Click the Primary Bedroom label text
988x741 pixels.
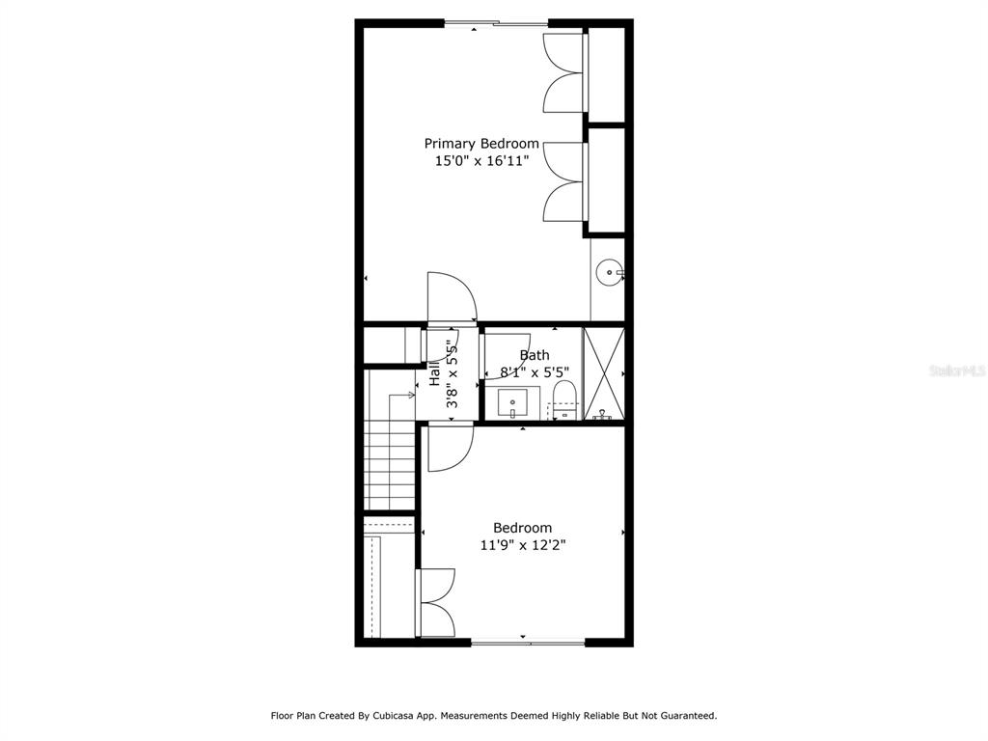(x=481, y=144)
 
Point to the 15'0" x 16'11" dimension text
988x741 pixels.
(x=481, y=161)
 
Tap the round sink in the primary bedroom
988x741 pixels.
(x=610, y=272)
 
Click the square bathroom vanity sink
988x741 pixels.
(x=512, y=403)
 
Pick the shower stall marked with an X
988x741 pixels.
(x=604, y=373)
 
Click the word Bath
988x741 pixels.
(x=535, y=355)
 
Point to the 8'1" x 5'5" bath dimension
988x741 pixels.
(x=535, y=372)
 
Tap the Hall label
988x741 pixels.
(x=435, y=373)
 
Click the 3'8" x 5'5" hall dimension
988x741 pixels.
(x=452, y=374)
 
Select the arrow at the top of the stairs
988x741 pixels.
(x=402, y=395)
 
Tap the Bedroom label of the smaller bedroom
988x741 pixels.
(x=522, y=528)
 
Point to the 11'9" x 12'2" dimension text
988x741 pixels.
(x=523, y=545)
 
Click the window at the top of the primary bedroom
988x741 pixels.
(x=497, y=24)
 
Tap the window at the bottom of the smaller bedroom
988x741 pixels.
(x=528, y=643)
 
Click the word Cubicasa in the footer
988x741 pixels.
(x=394, y=716)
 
